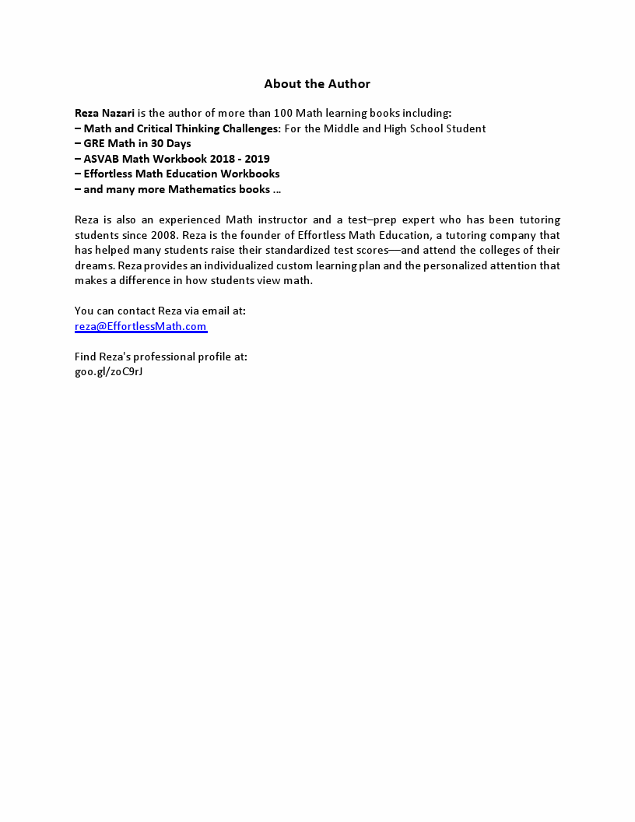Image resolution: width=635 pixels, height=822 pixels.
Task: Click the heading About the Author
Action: click(x=317, y=84)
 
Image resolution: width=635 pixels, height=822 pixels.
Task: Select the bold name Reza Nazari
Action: click(x=104, y=114)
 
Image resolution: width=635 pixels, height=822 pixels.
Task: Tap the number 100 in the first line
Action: click(x=282, y=114)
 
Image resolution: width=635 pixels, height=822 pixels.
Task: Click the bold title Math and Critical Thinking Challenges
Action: click(x=181, y=128)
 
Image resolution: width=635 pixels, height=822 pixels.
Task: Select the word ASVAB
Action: click(x=101, y=159)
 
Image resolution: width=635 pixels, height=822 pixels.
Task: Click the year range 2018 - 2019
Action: click(x=240, y=159)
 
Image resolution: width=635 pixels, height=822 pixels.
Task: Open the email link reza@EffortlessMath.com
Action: click(x=141, y=327)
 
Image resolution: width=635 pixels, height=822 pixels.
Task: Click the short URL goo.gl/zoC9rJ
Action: click(x=109, y=372)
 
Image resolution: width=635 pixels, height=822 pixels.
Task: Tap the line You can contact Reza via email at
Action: click(x=160, y=311)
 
